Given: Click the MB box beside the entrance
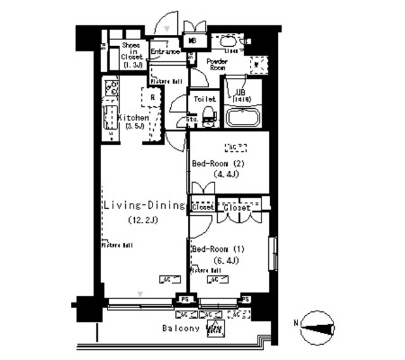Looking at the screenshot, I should click(x=192, y=39).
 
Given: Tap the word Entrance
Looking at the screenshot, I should click(x=165, y=52).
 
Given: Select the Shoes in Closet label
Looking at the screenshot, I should click(x=131, y=55).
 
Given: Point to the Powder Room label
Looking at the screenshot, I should click(x=217, y=64).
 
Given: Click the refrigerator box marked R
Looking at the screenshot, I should click(x=153, y=97).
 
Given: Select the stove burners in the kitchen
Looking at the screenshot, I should click(x=111, y=88).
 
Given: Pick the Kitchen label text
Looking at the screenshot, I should click(x=134, y=118).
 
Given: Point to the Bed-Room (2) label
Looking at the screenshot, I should click(x=217, y=163).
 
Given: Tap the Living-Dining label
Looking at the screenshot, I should click(x=144, y=206).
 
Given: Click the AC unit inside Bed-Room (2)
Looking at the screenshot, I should click(x=235, y=147).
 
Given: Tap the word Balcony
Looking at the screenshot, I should click(x=181, y=328).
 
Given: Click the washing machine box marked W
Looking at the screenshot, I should click(x=256, y=63).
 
